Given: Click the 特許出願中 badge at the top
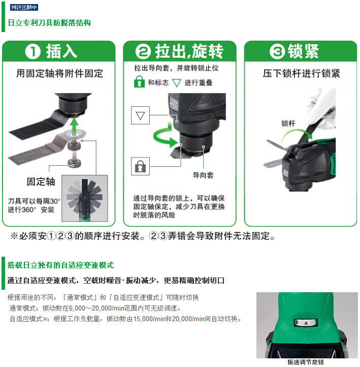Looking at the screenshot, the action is pyautogui.click(x=24, y=7).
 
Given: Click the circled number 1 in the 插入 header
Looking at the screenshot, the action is pyautogui.click(x=32, y=51).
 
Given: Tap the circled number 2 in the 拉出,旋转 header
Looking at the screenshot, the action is pyautogui.click(x=143, y=51).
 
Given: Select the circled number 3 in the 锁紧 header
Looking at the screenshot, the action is pyautogui.click(x=277, y=51).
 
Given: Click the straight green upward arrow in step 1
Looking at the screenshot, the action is pyautogui.click(x=74, y=127).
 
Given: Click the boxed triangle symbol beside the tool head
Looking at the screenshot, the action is pyautogui.click(x=140, y=115).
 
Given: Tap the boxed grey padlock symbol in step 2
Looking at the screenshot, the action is pyautogui.click(x=140, y=166).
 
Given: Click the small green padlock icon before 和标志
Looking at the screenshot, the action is pyautogui.click(x=139, y=82).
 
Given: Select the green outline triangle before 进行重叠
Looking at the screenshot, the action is pyautogui.click(x=177, y=83).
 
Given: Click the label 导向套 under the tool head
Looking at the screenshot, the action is pyautogui.click(x=203, y=175).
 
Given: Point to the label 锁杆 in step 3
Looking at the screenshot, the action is pyautogui.click(x=288, y=124).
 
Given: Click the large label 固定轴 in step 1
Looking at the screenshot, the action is pyautogui.click(x=41, y=181).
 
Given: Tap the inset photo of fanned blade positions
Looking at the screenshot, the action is pyautogui.click(x=85, y=198).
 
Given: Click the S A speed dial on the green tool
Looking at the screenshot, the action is pyautogui.click(x=306, y=323).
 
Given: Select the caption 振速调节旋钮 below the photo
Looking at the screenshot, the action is pyautogui.click(x=306, y=362).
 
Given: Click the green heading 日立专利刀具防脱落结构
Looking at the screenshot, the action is pyautogui.click(x=49, y=23).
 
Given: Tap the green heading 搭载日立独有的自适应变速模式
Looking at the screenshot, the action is pyautogui.click(x=60, y=265).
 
